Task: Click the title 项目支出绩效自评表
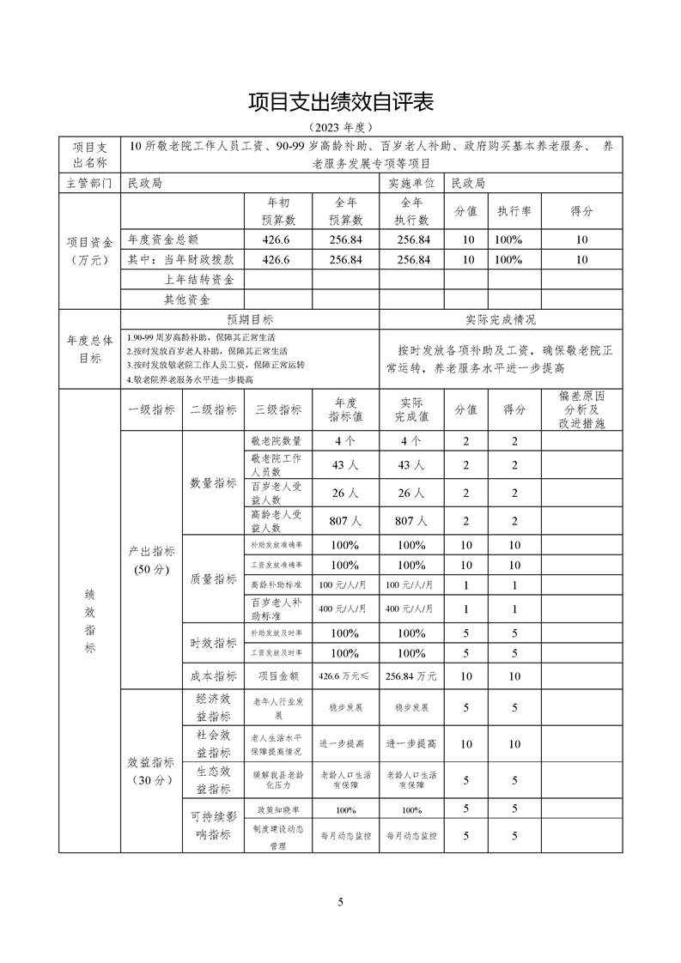tap(341, 102)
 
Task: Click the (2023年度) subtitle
tap(341, 127)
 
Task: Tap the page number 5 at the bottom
tap(341, 901)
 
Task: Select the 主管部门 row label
tap(89, 183)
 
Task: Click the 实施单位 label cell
tap(412, 183)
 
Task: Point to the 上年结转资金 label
tap(199, 279)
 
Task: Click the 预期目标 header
tap(249, 319)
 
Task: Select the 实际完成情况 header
tap(501, 319)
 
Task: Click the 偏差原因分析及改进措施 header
tap(581, 409)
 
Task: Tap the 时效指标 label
tap(213, 643)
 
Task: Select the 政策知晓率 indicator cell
tap(277, 809)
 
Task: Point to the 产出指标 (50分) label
tap(151, 560)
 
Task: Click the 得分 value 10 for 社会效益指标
tap(514, 743)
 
